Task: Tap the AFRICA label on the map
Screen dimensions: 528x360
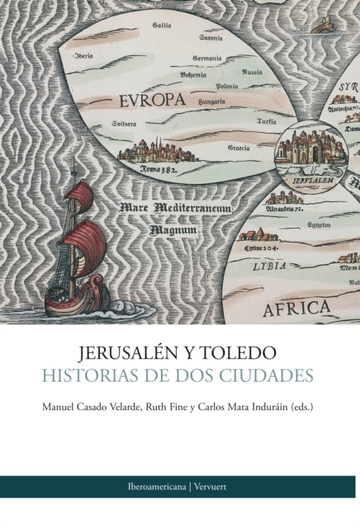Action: point(296,308)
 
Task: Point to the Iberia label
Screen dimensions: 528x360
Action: point(83,56)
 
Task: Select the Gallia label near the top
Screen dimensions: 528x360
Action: point(162,26)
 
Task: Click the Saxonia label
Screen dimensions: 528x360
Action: point(211,39)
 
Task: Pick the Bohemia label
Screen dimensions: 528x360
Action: point(193,75)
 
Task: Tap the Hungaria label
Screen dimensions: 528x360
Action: point(212,101)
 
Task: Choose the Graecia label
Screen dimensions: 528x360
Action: point(239,148)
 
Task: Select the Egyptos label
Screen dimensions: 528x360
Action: point(320,224)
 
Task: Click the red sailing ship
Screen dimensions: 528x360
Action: point(78,247)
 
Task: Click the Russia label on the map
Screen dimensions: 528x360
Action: point(253,72)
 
